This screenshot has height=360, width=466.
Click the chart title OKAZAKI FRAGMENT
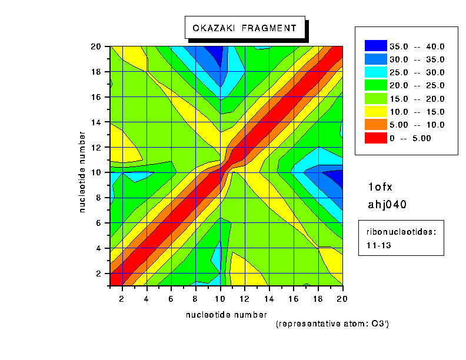(245, 28)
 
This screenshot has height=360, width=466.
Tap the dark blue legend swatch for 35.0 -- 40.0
(376, 46)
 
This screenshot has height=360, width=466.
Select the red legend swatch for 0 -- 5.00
(376, 138)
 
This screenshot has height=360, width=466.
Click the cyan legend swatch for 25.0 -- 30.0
(376, 72)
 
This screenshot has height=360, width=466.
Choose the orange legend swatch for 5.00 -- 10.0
(376, 125)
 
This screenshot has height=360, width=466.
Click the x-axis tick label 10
(221, 298)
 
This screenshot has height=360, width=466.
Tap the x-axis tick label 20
(342, 298)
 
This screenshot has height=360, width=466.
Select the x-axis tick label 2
(122, 298)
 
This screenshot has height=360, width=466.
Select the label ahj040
(387, 204)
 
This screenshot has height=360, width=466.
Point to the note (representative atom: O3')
(332, 324)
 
